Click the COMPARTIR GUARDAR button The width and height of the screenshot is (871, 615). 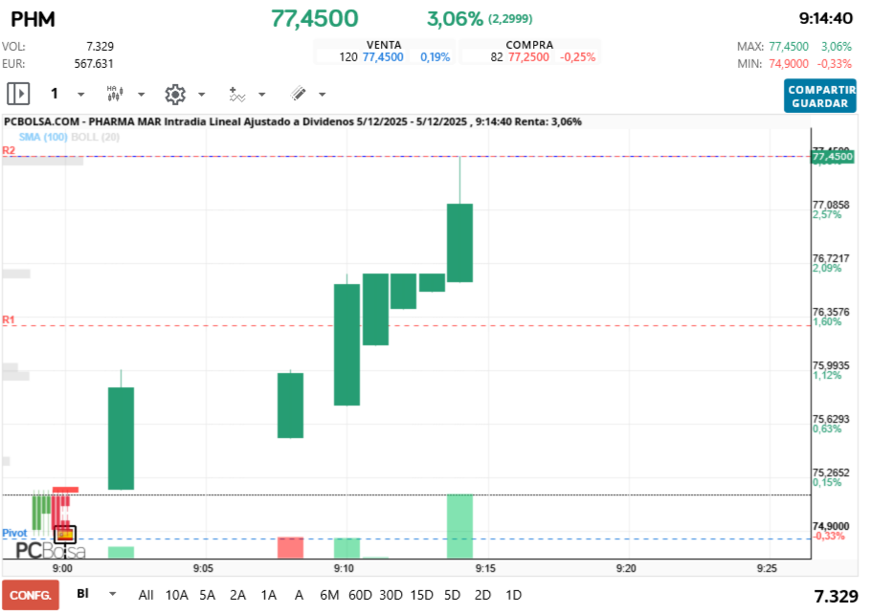pos(819,96)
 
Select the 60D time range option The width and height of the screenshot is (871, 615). pos(360,594)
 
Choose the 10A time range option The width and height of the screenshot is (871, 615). pos(177,594)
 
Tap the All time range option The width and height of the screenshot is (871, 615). pos(145,594)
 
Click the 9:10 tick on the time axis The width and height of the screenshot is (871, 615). pos(345,567)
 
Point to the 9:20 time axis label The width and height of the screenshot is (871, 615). pos(626,567)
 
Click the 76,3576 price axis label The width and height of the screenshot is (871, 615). pos(831,312)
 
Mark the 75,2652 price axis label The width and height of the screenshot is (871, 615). pos(831,472)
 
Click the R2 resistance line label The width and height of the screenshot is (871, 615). pos(9,150)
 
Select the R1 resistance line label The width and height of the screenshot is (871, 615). pos(9,319)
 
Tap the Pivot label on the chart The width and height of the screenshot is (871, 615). pos(14,533)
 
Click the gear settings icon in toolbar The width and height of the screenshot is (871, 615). pos(174,94)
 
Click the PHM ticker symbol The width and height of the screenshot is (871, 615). pos(33,19)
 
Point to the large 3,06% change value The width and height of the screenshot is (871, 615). pos(455,18)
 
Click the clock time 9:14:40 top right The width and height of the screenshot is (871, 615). pos(825,18)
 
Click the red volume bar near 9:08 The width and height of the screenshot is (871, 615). pos(290,547)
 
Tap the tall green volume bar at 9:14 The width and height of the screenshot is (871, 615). pos(459,525)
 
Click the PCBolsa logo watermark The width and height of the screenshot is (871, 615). pos(51,551)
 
